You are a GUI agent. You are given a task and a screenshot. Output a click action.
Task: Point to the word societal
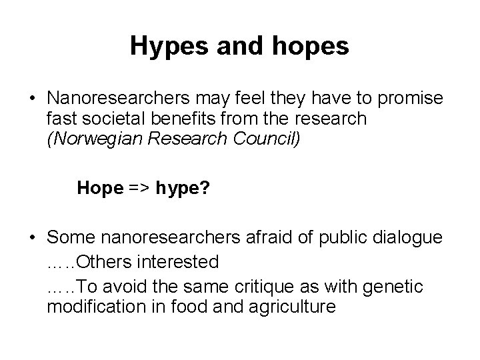(107, 119)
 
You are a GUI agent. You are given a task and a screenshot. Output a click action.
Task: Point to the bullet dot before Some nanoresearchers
(31, 238)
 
